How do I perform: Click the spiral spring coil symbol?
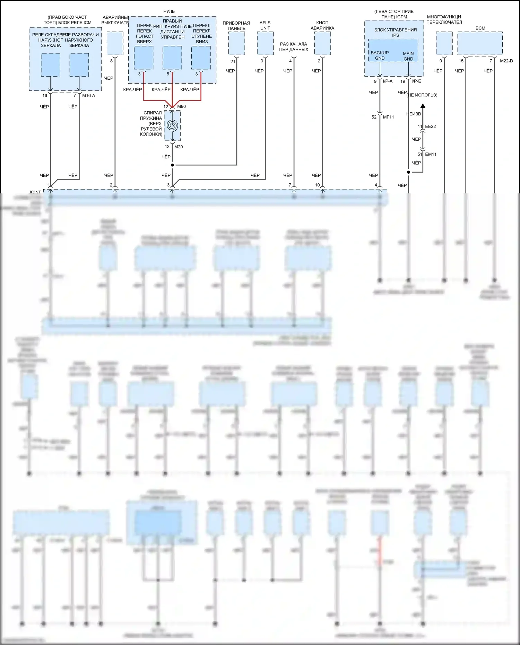172,125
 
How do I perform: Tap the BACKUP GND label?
380,55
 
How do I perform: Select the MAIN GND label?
408,56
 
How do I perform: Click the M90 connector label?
181,106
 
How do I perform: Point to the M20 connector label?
179,147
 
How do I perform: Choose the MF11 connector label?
388,117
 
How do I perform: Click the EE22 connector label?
431,127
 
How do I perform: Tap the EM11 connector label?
431,154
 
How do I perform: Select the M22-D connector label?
506,61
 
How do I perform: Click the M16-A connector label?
88,95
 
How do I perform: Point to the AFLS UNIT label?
265,25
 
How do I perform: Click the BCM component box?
480,43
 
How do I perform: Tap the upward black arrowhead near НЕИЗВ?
423,106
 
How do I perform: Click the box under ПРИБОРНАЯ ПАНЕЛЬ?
236,43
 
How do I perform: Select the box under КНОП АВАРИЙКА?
322,43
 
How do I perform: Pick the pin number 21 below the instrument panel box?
233,61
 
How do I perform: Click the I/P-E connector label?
416,81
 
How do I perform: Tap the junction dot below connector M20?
172,165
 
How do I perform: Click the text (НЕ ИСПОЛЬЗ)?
422,95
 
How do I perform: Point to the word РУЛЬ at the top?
169,11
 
